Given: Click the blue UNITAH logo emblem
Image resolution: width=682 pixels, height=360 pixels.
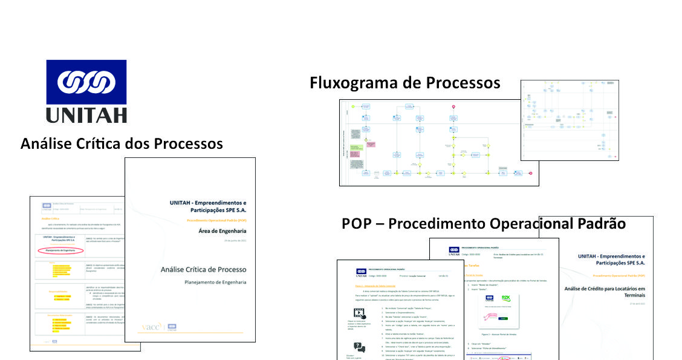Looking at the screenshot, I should coord(86,82).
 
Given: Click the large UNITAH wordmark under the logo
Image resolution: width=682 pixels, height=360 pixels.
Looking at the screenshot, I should coord(86,114).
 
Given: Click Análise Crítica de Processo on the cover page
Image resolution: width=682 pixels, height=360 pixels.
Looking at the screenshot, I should coord(203,269).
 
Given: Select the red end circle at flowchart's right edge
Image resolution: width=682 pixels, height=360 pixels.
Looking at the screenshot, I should coord(530,174).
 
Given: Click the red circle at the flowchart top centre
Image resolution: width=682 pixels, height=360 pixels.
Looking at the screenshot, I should coord(453,107).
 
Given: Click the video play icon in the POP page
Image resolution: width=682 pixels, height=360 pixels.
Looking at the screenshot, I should coord(360,313).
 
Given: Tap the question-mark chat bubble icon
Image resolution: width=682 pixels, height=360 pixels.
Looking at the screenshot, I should coord(359,347).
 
